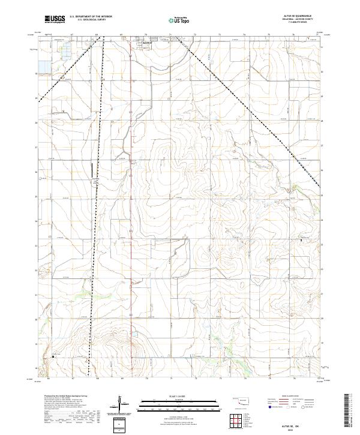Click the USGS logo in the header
coord(55,19)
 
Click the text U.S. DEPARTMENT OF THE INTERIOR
coord(91,17)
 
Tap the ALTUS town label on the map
coord(148,43)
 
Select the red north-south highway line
coord(131,210)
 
